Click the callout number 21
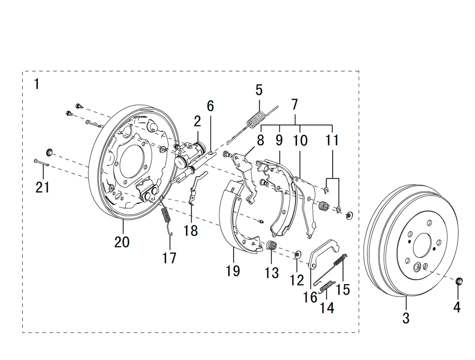coord(42,187)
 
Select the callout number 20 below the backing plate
coord(122,242)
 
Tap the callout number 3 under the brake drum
coord(406,318)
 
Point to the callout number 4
coord(456,307)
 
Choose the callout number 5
coord(259,89)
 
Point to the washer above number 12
coord(298,254)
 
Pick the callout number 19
coord(233,271)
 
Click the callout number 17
coord(169,258)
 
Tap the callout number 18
coord(191,231)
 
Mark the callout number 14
coord(327,308)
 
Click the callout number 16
coord(310,297)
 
